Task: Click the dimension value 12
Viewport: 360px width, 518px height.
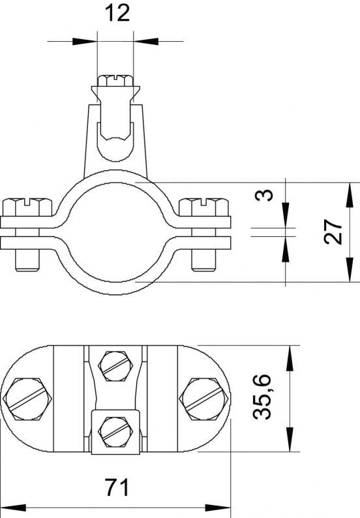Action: click(117, 14)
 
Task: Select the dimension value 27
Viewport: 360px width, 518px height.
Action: click(333, 232)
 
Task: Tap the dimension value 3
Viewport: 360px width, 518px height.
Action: click(265, 195)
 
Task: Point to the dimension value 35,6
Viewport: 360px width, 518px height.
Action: click(262, 397)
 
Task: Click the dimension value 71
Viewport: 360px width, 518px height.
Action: click(117, 487)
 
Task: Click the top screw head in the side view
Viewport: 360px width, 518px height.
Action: click(115, 80)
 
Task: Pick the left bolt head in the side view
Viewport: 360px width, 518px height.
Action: click(27, 207)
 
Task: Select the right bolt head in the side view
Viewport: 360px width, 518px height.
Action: click(203, 207)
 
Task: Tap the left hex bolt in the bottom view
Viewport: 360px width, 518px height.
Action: click(27, 399)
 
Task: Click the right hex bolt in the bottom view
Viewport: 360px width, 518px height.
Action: click(204, 399)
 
